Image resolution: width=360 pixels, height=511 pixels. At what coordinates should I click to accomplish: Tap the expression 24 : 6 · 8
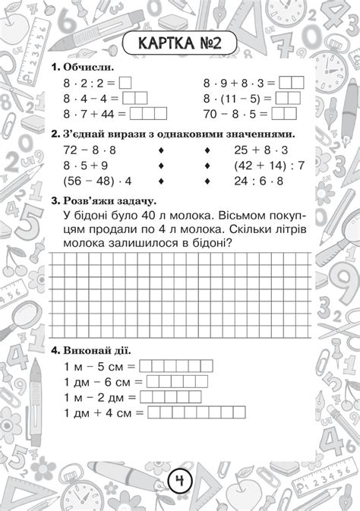[x=258, y=181]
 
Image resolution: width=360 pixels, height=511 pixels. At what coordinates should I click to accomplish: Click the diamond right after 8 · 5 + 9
[x=160, y=166]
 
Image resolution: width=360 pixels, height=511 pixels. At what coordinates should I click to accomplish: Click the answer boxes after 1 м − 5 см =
[x=176, y=366]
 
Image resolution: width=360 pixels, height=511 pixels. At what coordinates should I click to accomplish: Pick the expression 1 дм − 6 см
[x=100, y=381]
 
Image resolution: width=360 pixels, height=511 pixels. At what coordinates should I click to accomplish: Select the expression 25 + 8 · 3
[x=258, y=150]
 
